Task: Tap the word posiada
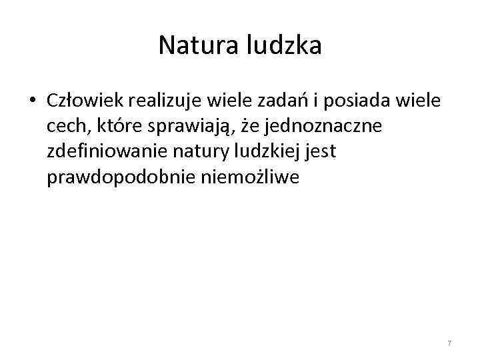358,101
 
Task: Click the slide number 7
449,343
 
